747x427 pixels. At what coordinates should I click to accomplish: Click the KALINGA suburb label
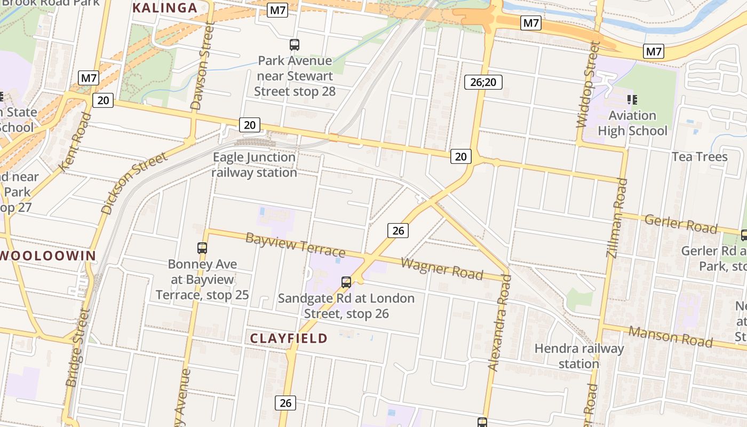165,8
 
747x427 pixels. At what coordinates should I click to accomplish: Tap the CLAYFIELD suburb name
289,338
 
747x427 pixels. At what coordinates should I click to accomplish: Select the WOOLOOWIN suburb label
47,256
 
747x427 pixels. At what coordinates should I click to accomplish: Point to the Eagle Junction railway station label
254,165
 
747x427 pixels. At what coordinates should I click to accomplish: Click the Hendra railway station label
579,356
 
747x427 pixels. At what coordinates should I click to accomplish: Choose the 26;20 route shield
483,82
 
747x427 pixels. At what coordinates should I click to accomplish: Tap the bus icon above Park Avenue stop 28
295,45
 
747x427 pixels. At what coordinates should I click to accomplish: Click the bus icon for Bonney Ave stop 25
202,248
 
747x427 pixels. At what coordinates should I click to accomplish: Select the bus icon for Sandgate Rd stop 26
346,282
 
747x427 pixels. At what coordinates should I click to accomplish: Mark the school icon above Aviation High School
633,99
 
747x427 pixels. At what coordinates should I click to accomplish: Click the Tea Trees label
699,157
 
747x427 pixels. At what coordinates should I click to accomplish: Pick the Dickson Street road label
134,183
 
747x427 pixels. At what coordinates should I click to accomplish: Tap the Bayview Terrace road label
295,244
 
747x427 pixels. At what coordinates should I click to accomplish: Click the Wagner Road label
442,268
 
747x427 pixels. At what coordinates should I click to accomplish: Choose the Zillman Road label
617,218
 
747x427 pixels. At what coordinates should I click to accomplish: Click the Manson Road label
670,336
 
